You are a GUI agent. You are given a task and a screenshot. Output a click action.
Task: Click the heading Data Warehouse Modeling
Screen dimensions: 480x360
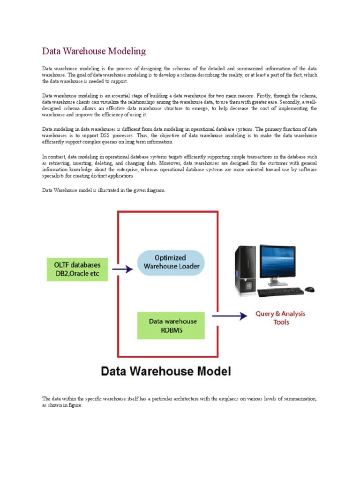[x=94, y=51]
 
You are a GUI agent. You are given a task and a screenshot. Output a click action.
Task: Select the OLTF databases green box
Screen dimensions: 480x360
[x=77, y=269]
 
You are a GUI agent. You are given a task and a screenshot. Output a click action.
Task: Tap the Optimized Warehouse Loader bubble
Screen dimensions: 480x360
[x=171, y=262]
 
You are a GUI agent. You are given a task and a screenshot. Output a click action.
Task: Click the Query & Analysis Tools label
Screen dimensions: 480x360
[x=280, y=318]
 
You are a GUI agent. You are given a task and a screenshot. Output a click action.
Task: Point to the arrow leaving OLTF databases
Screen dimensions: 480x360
[x=120, y=269]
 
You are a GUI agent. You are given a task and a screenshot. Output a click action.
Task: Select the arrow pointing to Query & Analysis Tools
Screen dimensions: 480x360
[x=230, y=316]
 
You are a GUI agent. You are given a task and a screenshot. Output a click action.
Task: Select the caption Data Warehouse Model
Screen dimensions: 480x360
[x=165, y=372]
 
